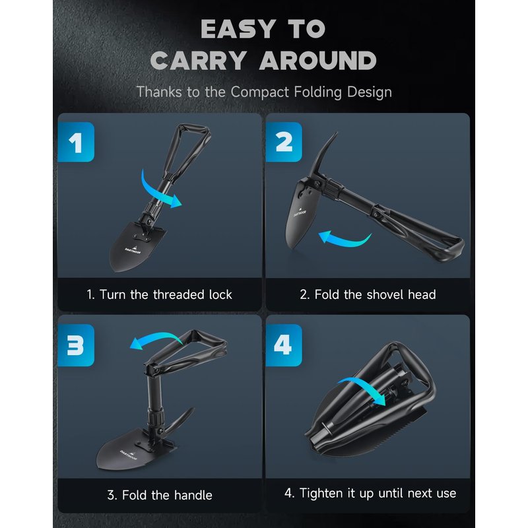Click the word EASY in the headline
(x=238, y=28)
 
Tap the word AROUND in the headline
(x=317, y=61)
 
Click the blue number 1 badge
(x=76, y=142)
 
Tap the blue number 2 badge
(x=284, y=142)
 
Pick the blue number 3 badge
(x=76, y=345)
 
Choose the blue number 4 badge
(x=284, y=345)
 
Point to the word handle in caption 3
(x=193, y=496)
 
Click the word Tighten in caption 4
(x=321, y=493)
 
